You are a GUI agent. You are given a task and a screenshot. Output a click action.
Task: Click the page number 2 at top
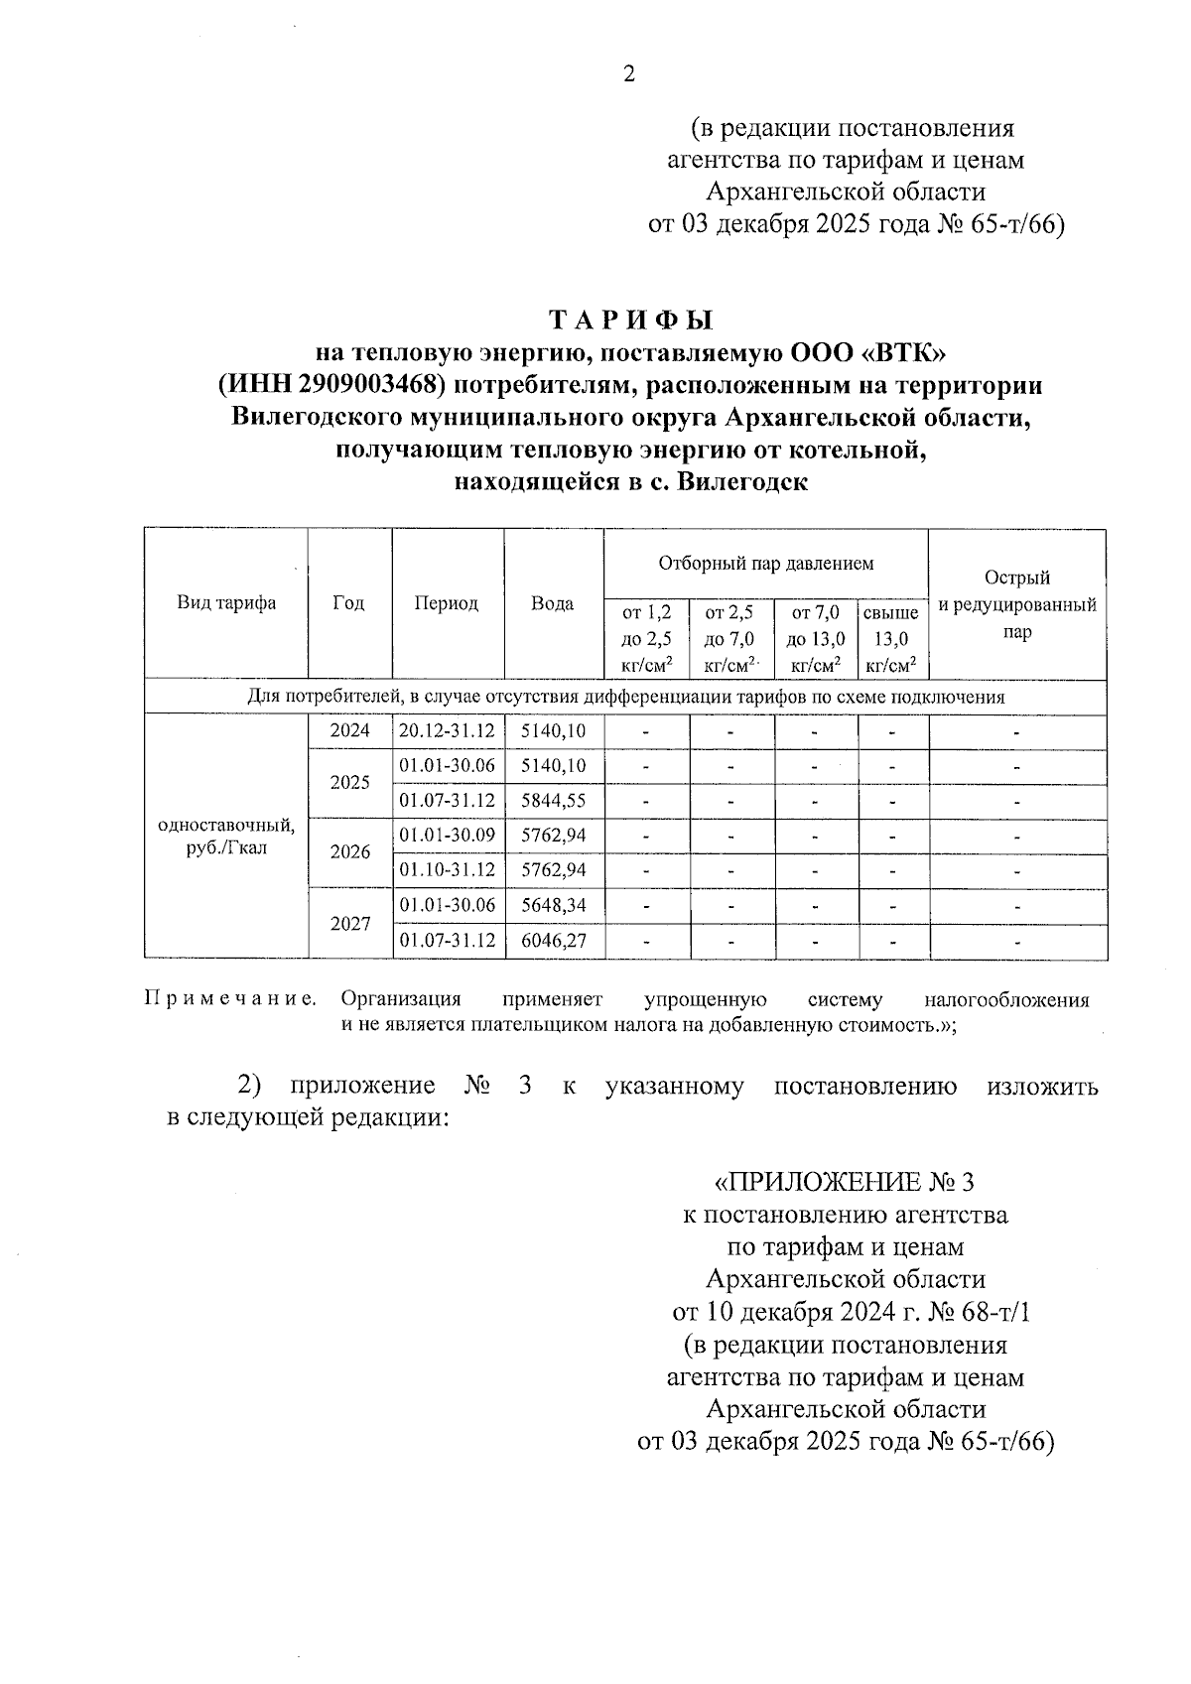pos(628,73)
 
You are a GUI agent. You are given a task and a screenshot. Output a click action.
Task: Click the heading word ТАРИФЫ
pos(632,321)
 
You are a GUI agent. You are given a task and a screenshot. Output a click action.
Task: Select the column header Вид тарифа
pos(226,603)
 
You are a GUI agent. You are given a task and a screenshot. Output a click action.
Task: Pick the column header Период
pos(447,603)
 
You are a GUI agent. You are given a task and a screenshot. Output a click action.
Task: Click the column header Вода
pos(552,603)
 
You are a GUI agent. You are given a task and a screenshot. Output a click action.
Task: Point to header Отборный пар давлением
pos(766,564)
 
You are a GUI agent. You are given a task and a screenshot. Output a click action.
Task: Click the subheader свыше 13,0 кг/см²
pos(891,639)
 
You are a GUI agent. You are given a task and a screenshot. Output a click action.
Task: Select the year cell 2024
pos(349,731)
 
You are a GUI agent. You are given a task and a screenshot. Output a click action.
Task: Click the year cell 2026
pos(349,852)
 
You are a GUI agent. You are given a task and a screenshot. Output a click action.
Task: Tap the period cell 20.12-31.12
pos(447,731)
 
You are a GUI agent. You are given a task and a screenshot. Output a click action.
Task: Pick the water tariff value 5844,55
pos(553,801)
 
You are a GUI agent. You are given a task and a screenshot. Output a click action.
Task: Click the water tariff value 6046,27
pos(553,940)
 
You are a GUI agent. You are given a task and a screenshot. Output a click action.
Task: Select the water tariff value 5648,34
pos(553,905)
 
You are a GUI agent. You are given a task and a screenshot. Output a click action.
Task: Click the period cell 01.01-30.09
pos(447,836)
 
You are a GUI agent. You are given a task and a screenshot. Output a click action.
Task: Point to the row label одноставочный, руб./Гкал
pos(226,837)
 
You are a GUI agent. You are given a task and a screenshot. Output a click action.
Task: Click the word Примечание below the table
pos(230,999)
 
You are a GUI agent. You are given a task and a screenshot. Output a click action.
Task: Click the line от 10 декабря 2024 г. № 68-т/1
pos(852,1313)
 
